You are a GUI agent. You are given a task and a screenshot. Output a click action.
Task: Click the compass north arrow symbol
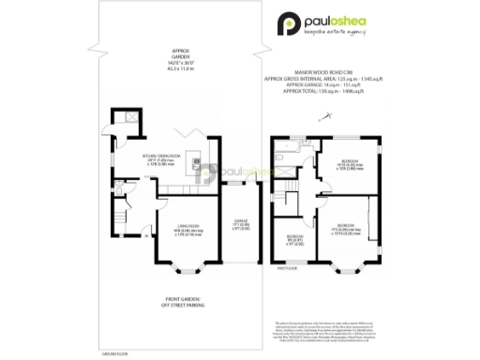click(x=325, y=115)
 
